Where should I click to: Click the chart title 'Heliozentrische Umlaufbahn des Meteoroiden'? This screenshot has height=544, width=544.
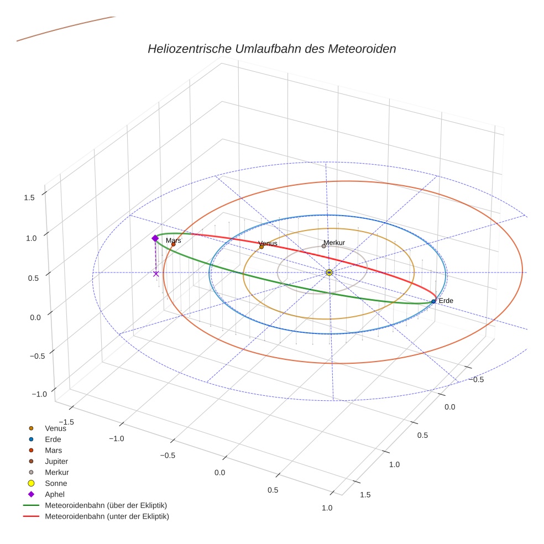tap(271, 49)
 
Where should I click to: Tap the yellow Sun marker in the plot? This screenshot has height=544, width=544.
tap(329, 273)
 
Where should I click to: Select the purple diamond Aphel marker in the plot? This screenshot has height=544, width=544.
tap(155, 238)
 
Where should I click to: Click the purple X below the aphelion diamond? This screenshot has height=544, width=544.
tap(156, 274)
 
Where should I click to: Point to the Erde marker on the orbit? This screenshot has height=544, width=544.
tap(433, 301)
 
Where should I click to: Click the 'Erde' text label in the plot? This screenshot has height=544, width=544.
tap(446, 301)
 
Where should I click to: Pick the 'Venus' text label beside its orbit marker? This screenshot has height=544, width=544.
tap(268, 243)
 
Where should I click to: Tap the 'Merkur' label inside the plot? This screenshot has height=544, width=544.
tap(334, 243)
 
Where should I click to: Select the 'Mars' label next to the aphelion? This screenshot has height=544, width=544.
tap(173, 240)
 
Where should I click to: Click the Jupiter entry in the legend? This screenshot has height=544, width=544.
tap(56, 461)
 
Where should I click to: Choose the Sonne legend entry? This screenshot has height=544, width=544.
tap(56, 483)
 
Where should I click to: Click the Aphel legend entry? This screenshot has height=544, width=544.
tap(54, 494)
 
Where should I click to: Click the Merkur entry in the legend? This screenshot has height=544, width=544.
tap(57, 472)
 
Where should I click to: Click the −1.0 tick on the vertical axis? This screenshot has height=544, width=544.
tap(39, 394)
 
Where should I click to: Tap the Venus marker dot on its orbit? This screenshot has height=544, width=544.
tap(261, 247)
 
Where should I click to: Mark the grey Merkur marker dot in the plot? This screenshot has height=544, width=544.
tap(324, 246)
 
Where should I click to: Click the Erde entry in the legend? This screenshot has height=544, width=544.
tap(53, 439)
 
